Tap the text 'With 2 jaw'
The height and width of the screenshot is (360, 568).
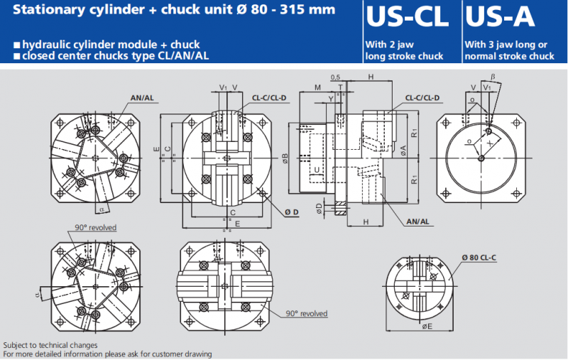(x=387, y=44)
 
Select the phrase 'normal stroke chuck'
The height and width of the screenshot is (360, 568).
(x=510, y=56)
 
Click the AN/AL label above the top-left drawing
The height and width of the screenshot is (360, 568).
(x=141, y=97)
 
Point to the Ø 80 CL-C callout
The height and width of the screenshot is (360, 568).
(x=479, y=256)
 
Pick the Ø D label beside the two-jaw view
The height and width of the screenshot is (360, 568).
(x=291, y=212)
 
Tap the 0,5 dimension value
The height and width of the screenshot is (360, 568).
(x=335, y=77)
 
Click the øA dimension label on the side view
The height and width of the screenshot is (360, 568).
(x=403, y=150)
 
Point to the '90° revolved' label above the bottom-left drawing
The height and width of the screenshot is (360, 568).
(x=96, y=227)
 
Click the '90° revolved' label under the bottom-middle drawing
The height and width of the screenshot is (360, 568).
(x=307, y=313)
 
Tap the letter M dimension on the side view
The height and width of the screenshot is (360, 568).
(x=317, y=87)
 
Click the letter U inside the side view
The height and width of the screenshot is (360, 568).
(x=317, y=170)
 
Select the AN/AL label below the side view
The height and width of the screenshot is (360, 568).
(x=418, y=222)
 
